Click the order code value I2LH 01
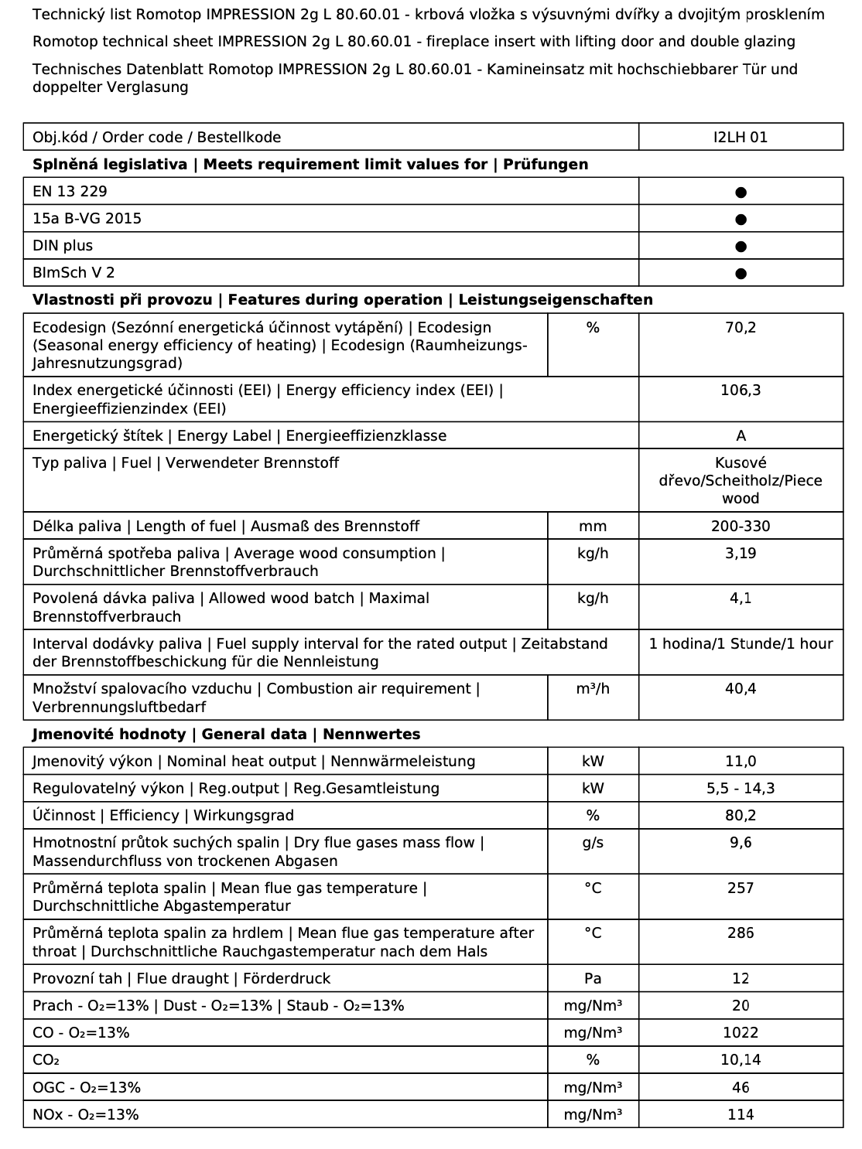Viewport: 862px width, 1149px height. (x=741, y=137)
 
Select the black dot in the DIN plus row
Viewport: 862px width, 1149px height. (x=741, y=247)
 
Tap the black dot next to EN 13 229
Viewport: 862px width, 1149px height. (x=741, y=192)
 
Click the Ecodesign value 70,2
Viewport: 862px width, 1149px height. (x=741, y=327)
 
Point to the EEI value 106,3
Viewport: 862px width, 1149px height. (x=741, y=390)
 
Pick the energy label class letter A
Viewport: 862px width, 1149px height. (x=741, y=435)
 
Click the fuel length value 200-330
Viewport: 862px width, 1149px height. (x=741, y=526)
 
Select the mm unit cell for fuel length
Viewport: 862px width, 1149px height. (x=593, y=526)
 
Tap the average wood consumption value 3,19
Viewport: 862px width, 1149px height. (x=741, y=553)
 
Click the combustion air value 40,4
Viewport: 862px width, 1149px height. (x=741, y=688)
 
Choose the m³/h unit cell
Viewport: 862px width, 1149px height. (x=593, y=688)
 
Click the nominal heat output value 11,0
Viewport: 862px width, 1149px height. (x=741, y=761)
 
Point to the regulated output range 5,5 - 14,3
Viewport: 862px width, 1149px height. (x=741, y=788)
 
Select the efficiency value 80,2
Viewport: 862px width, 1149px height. (x=741, y=815)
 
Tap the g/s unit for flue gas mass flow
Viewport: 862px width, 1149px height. (x=593, y=842)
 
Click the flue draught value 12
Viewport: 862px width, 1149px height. (x=741, y=978)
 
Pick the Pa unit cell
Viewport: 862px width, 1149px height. (x=593, y=978)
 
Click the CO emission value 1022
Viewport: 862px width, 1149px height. (x=741, y=1032)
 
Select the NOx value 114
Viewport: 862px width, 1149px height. (x=741, y=1114)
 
